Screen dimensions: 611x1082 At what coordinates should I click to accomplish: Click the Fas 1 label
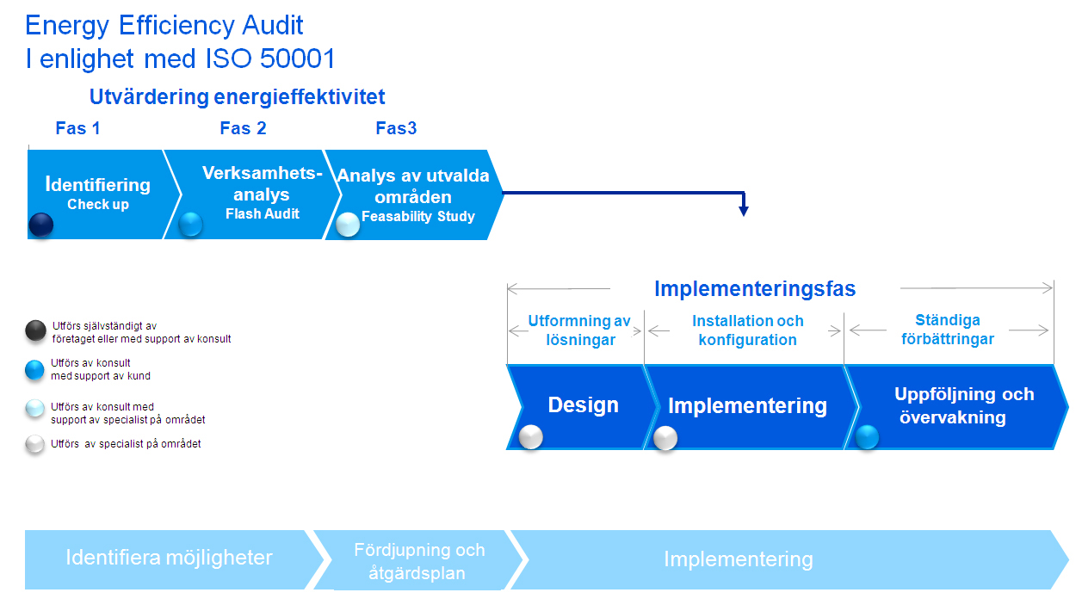[77, 128]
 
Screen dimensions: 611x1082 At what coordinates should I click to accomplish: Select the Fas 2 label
[243, 128]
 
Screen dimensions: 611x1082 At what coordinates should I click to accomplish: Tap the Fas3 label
[396, 128]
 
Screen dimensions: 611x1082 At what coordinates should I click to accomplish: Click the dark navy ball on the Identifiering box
[40, 225]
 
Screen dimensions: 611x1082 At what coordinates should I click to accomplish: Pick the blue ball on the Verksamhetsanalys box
[190, 225]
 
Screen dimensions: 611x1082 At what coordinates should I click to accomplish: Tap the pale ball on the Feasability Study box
[348, 225]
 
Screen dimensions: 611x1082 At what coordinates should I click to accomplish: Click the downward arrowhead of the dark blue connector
[744, 211]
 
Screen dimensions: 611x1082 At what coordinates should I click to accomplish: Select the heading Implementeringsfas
[755, 288]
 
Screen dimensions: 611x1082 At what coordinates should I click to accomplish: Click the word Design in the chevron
[583, 405]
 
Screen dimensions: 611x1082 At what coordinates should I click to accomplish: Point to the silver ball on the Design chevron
[531, 436]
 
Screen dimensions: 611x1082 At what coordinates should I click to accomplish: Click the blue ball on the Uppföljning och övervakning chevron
[867, 437]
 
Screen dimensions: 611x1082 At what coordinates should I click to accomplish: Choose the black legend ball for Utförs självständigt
[35, 330]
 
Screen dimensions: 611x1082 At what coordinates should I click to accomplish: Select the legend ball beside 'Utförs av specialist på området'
[35, 444]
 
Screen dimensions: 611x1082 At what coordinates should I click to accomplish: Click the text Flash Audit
[263, 214]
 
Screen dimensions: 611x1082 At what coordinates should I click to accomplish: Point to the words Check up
[98, 205]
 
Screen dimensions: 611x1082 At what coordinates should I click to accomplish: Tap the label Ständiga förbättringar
[947, 330]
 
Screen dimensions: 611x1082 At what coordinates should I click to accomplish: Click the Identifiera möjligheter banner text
[169, 558]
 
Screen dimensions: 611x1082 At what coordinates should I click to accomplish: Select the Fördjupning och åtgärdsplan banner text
[419, 561]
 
